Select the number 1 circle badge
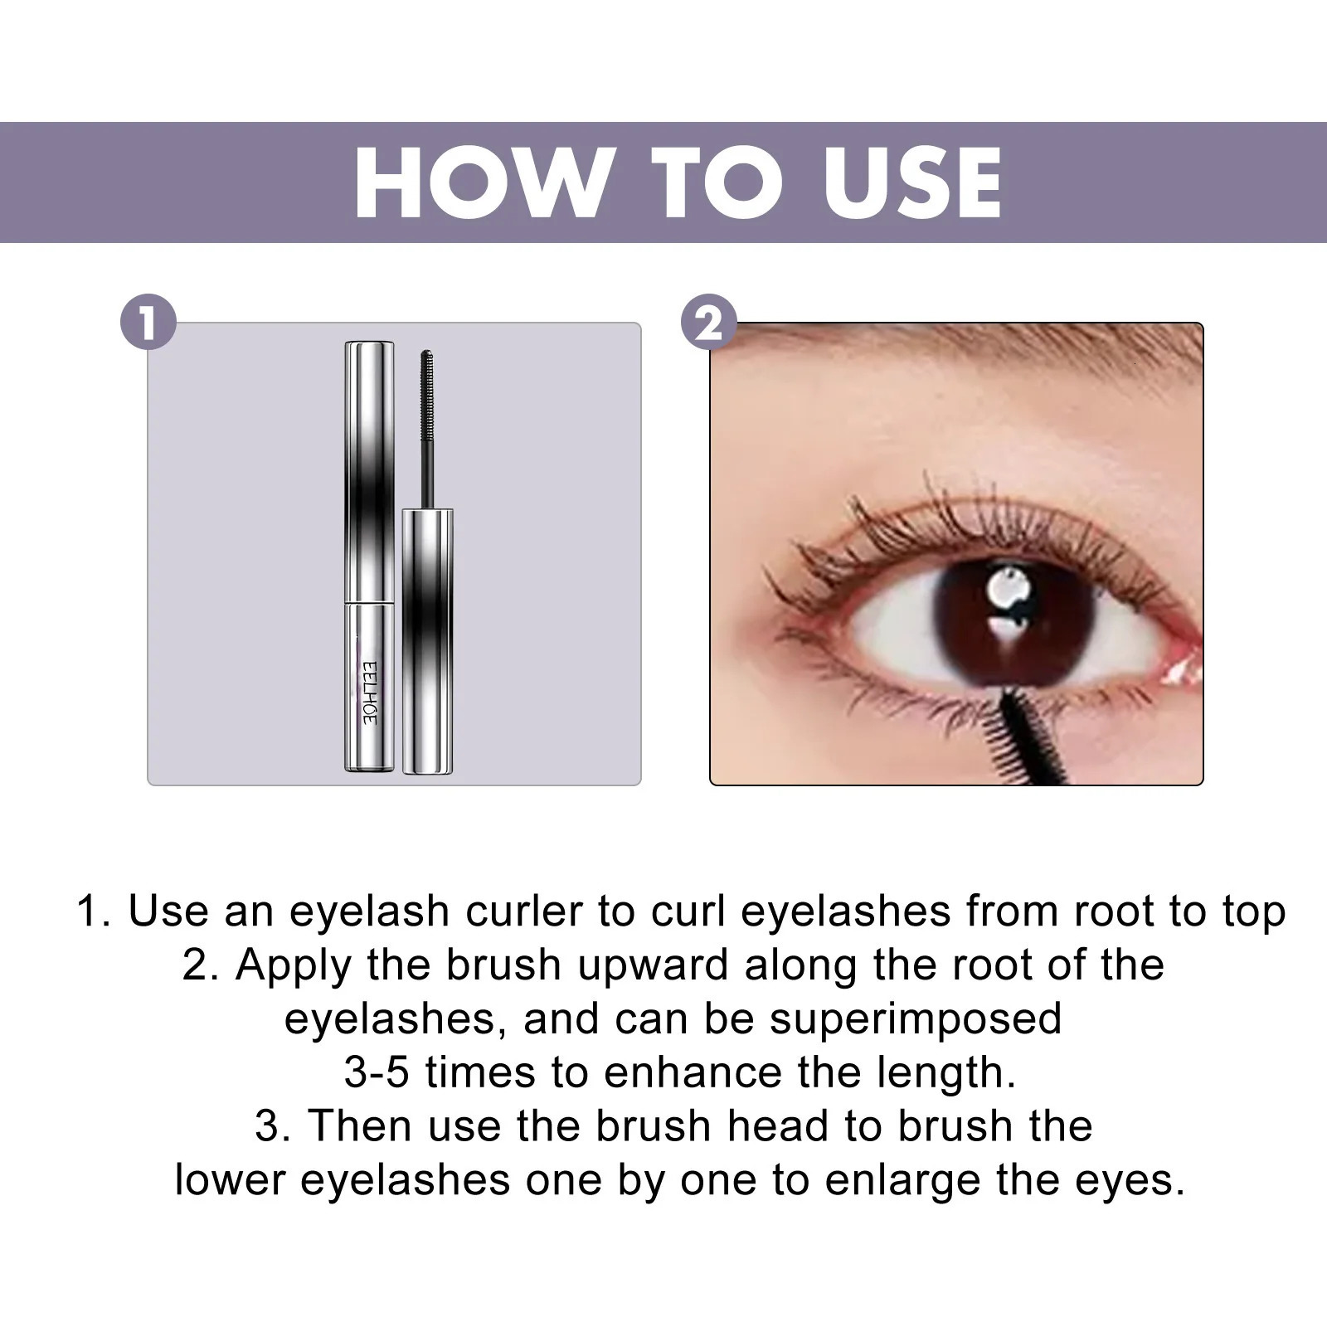(148, 323)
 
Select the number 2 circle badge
(708, 323)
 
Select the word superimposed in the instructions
(916, 1018)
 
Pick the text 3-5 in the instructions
(377, 1072)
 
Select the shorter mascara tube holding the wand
(428, 643)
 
